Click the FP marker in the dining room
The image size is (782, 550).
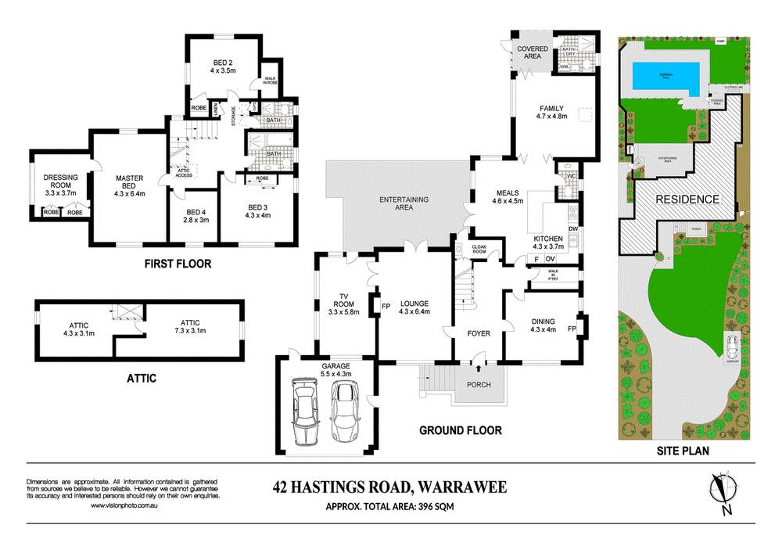[572, 329]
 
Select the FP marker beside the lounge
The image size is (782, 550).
[386, 306]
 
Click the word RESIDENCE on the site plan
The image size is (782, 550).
[687, 200]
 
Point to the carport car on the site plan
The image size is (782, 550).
[733, 345]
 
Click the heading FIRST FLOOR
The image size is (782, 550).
[178, 264]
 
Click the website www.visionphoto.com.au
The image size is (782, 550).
[127, 505]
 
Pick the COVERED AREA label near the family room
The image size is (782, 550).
[532, 52]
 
